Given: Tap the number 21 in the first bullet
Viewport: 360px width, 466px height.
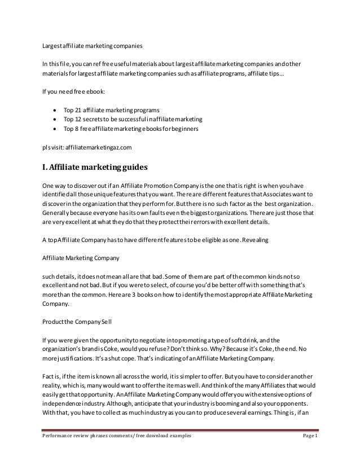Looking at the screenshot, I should tap(80, 109).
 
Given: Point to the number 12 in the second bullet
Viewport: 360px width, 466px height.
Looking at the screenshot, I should tap(80, 120).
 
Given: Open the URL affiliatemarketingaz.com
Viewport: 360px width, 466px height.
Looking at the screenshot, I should tap(98, 147).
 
